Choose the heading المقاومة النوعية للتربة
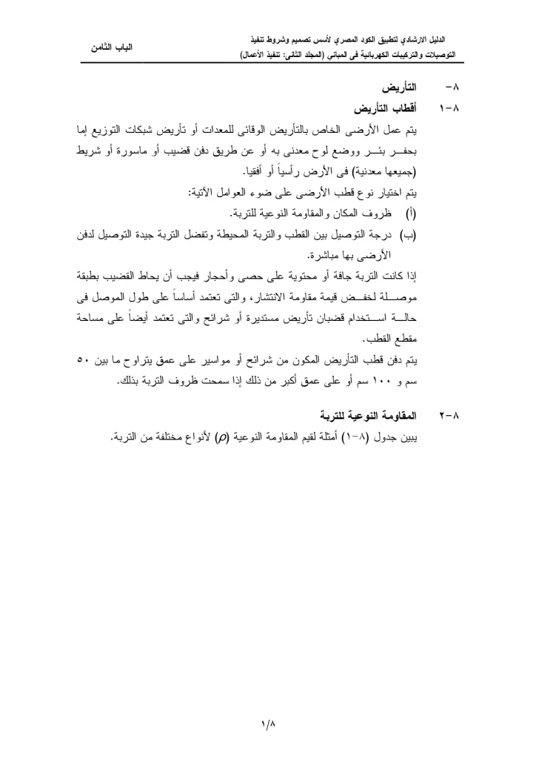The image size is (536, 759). [x=358, y=410]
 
